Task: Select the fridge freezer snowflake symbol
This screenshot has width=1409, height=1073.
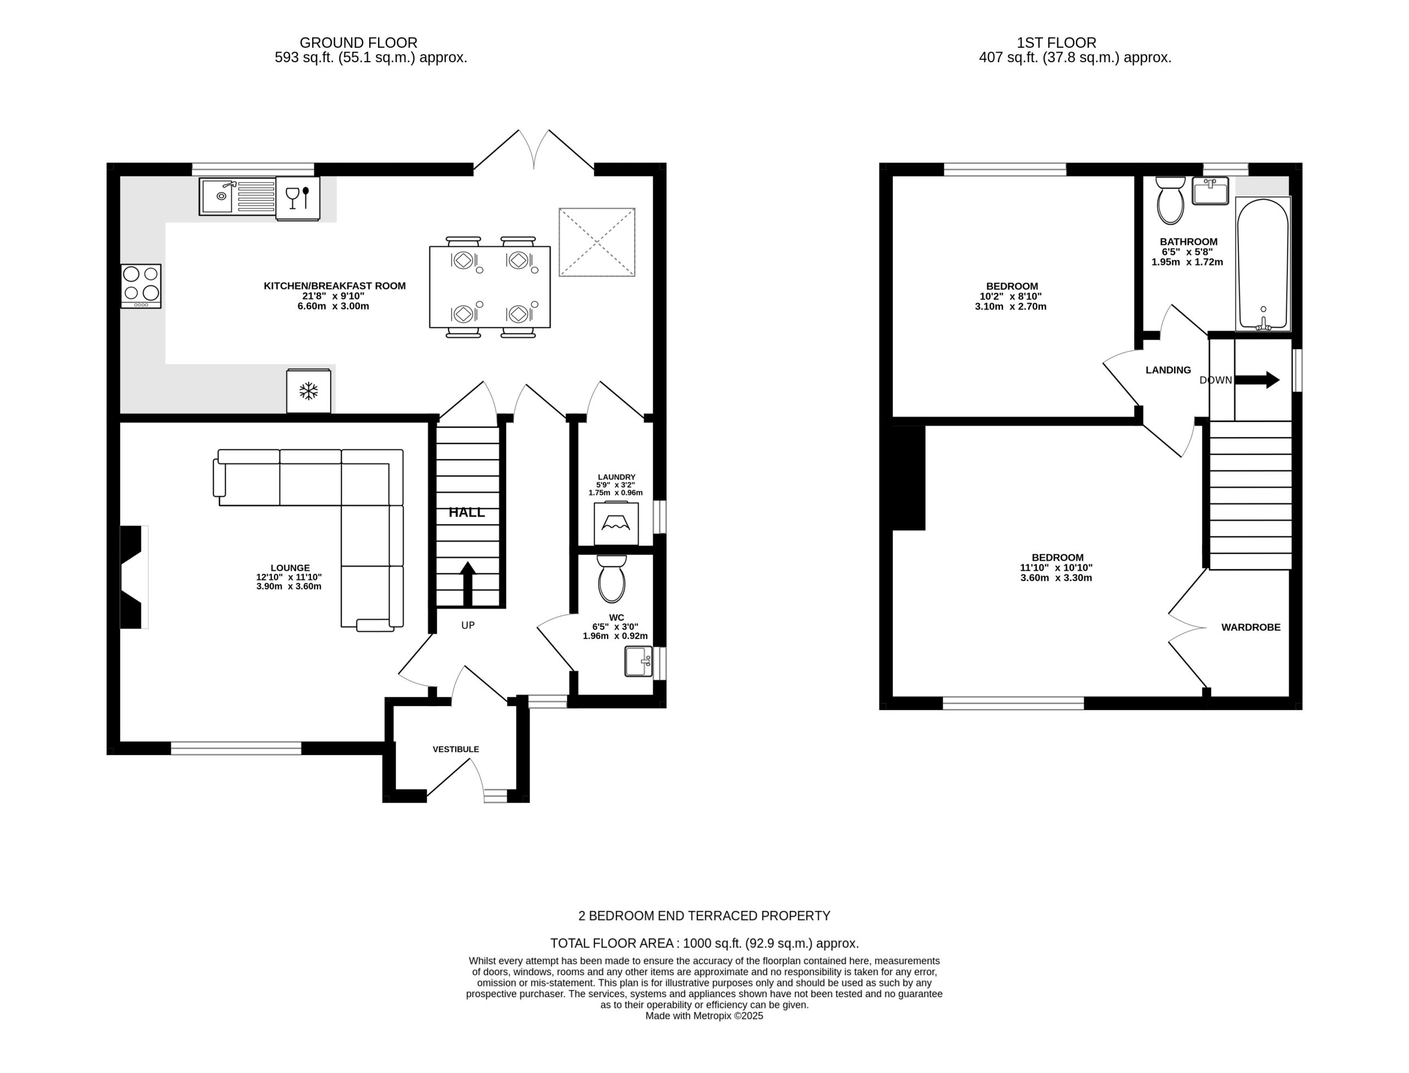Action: tap(309, 391)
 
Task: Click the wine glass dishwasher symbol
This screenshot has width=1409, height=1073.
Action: tap(298, 198)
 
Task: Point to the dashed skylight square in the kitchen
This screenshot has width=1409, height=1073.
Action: tap(597, 242)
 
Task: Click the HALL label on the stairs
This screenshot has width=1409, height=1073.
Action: tap(467, 512)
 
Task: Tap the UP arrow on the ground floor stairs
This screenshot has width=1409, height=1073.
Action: tap(468, 584)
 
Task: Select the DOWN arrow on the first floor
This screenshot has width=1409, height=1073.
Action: tap(1257, 380)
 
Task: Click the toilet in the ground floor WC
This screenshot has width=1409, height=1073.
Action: tap(611, 579)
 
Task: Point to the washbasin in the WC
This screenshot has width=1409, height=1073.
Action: tap(638, 662)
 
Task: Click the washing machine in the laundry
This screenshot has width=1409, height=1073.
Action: tap(616, 523)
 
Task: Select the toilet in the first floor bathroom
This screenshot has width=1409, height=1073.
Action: tap(1170, 200)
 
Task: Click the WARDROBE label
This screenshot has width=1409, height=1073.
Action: tap(1250, 627)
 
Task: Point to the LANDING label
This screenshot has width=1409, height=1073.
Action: tap(1168, 370)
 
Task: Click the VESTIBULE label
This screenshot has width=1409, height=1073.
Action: tap(456, 749)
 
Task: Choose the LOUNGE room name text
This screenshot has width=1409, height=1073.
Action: tap(290, 568)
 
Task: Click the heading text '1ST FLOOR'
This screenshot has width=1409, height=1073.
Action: tap(1056, 43)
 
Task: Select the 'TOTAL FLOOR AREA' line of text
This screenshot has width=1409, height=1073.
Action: tap(704, 943)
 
